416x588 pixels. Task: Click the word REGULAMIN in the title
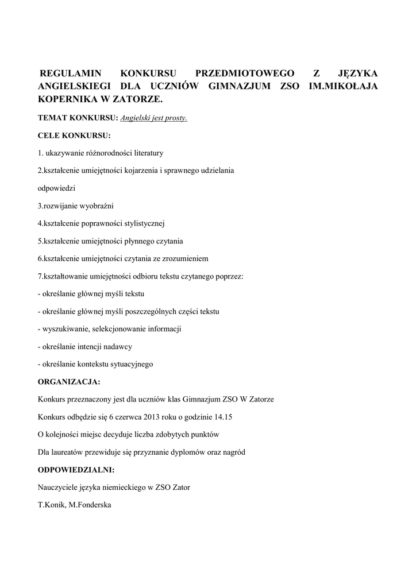70,73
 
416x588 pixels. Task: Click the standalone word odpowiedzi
56,188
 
